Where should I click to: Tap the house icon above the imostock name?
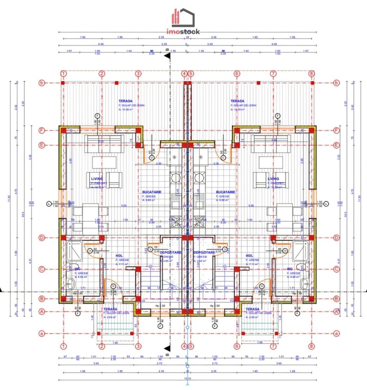click(x=183, y=17)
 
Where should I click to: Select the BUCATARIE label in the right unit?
click(x=225, y=192)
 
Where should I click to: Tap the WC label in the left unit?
click(x=77, y=269)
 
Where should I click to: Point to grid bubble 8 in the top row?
click(x=311, y=74)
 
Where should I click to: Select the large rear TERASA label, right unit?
click(x=237, y=101)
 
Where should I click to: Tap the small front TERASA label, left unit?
click(x=110, y=309)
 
